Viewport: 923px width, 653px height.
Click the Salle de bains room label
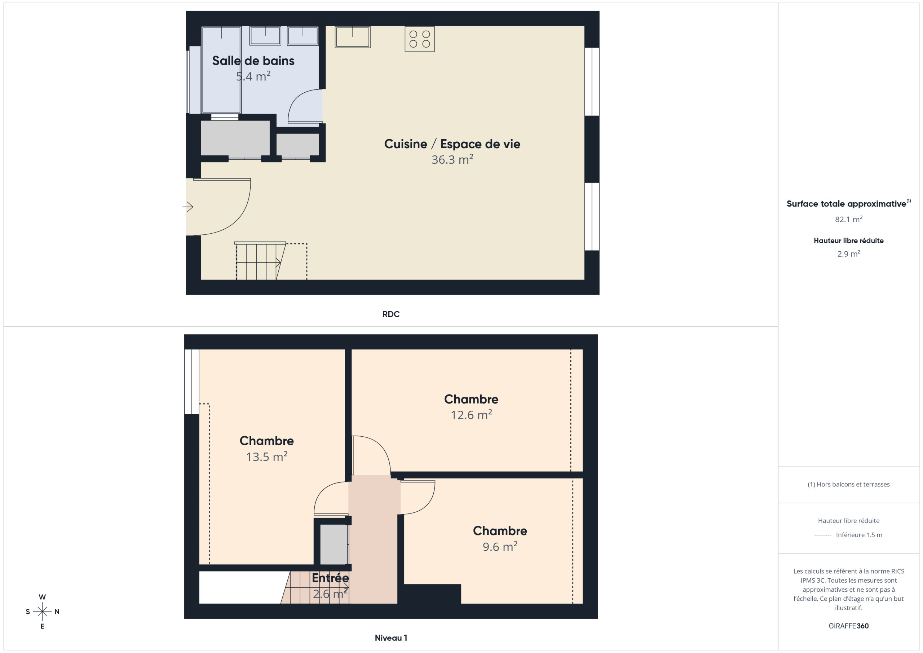click(x=253, y=61)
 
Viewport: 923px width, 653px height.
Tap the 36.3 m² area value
click(x=452, y=159)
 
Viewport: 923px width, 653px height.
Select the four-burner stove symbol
click(x=420, y=39)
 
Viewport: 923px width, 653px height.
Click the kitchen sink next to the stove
click(x=353, y=37)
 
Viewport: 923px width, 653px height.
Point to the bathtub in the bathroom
click(x=221, y=70)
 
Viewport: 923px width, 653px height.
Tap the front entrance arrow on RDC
click(x=188, y=207)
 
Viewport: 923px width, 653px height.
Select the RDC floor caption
click(x=391, y=314)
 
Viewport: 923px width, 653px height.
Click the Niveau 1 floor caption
click(x=391, y=638)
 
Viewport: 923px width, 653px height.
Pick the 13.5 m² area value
click(x=267, y=456)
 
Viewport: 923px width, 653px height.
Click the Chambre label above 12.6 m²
click(x=471, y=399)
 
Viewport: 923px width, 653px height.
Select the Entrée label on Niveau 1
click(x=331, y=578)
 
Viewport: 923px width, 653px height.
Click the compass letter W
click(x=42, y=597)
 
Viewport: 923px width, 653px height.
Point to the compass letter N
click(x=57, y=612)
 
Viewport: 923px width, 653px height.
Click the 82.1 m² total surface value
click(x=849, y=219)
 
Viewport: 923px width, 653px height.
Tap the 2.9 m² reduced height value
click(x=849, y=254)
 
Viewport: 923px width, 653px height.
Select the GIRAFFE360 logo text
click(x=849, y=626)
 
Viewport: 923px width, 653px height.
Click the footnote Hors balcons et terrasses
click(x=849, y=485)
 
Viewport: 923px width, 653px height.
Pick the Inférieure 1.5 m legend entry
click(x=859, y=535)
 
